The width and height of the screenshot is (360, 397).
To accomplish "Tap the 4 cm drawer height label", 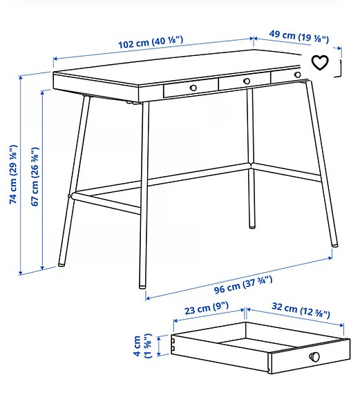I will (142, 345).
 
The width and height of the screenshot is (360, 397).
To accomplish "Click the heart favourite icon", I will (320, 64).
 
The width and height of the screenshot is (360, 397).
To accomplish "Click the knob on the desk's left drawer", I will (193, 88).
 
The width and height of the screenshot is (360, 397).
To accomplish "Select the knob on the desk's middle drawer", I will (246, 82).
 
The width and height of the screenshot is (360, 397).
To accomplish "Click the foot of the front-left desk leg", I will (142, 283).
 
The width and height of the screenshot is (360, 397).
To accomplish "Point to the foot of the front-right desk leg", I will (334, 244).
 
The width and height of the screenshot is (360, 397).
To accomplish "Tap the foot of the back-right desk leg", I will (250, 226).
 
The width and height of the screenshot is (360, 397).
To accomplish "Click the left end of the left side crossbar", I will (72, 196).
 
